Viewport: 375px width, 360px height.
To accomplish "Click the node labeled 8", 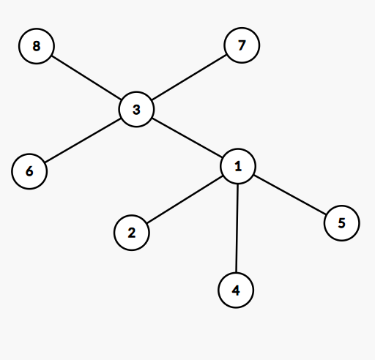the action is pos(37,46).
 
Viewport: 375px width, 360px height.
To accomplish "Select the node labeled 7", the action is pos(242,45).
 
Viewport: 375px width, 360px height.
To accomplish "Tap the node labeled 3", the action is pos(136,109).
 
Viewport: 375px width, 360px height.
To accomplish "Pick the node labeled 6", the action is pos(29,171).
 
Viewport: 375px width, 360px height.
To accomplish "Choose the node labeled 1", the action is pos(238,166).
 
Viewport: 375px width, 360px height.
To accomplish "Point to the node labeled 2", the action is pos(132,233).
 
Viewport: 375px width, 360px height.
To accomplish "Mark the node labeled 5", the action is pos(342,223).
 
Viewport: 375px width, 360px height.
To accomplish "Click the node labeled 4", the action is pos(236,290).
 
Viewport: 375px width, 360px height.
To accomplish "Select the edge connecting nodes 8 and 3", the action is pos(86,78).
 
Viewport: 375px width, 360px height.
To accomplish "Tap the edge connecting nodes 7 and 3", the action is pos(189,78).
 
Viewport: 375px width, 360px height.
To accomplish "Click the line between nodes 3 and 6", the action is pos(83,140).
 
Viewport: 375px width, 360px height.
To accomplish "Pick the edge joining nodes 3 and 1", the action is pos(187,138).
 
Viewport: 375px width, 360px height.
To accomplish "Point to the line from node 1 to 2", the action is pos(185,200).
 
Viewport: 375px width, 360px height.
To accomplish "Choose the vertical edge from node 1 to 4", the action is pos(237,228).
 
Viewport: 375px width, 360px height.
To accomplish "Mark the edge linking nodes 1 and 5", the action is pos(290,195).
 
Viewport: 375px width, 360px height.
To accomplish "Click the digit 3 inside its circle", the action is pos(136,110).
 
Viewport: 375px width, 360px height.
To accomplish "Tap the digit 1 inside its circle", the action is pos(238,166).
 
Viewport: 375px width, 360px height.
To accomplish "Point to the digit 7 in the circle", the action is pos(242,45).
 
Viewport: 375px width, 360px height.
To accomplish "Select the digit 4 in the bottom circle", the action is pos(236,290).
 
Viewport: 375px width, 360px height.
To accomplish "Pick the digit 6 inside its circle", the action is pos(29,171).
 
